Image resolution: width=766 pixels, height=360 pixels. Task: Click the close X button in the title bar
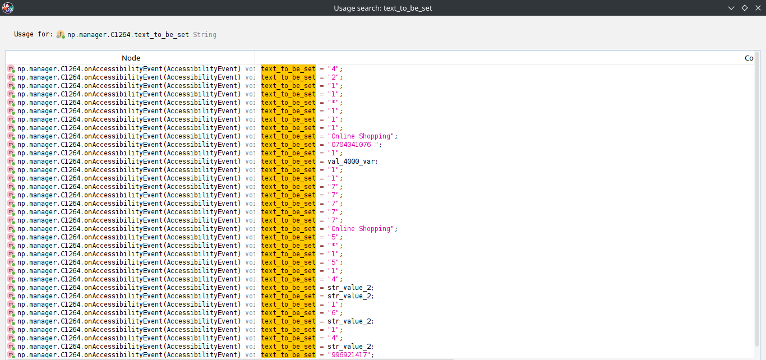758,8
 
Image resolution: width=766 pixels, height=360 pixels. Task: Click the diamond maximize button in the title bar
745,8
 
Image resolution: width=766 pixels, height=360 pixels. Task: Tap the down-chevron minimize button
731,8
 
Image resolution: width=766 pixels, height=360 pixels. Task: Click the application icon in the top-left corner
7,7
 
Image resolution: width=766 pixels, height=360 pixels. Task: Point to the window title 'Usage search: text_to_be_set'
382,8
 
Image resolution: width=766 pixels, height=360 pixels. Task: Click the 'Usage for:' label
34,34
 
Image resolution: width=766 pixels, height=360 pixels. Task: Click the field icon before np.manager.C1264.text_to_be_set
61,35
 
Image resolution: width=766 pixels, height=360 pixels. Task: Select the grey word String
205,35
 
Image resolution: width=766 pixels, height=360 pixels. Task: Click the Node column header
131,58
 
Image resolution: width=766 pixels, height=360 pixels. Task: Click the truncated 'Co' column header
749,58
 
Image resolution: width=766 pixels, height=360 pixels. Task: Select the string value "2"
334,77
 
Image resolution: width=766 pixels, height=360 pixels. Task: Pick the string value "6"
334,313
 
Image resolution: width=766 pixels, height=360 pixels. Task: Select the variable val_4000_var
351,161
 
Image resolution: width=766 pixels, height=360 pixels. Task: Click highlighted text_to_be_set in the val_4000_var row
288,161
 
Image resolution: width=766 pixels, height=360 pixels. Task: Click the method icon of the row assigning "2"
11,77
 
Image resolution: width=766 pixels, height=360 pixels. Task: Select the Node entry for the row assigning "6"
130,313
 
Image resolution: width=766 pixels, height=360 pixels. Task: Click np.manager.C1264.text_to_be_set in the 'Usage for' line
128,35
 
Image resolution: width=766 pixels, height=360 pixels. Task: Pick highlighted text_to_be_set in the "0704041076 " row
288,145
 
